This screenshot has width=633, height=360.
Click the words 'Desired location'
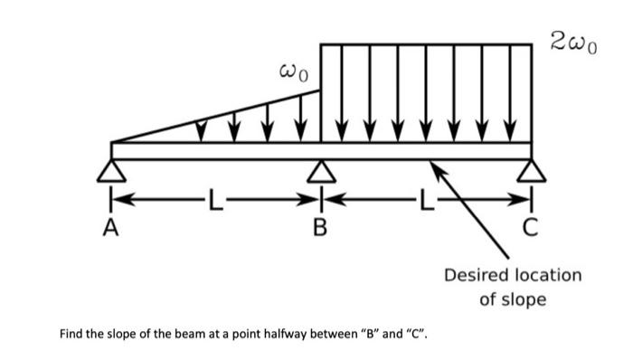click(512, 274)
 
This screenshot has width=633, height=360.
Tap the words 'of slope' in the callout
click(512, 298)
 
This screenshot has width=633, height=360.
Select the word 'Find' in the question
click(71, 336)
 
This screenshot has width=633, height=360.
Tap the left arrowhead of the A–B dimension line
click(118, 196)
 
